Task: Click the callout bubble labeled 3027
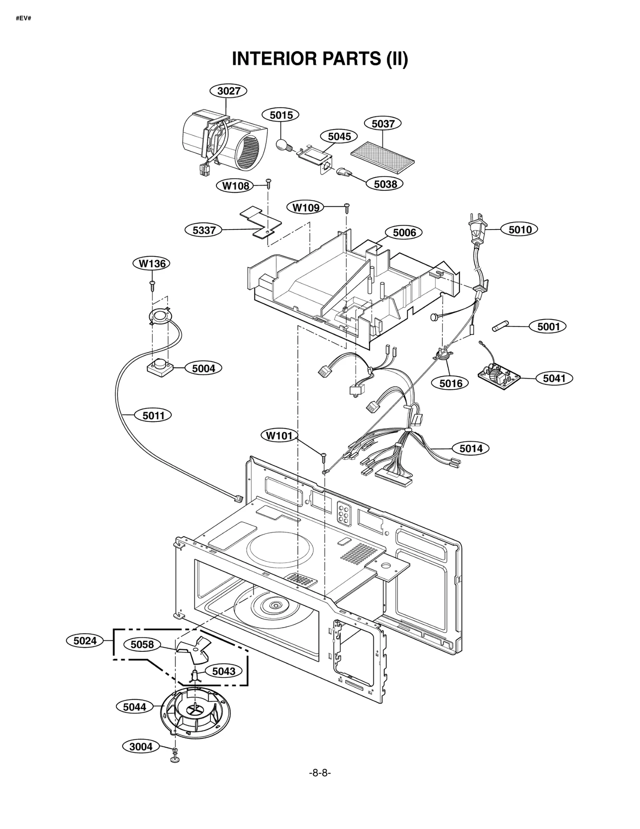(x=228, y=91)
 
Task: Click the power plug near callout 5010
(x=478, y=230)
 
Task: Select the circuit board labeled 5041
(x=499, y=376)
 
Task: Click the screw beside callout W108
(x=269, y=183)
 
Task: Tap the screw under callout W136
(x=152, y=285)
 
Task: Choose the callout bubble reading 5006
(x=404, y=232)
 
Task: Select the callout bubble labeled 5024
(x=85, y=641)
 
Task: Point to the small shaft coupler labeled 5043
(x=195, y=675)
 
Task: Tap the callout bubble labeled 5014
(x=470, y=448)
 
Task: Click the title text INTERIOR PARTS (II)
(x=320, y=59)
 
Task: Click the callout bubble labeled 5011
(x=154, y=415)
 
